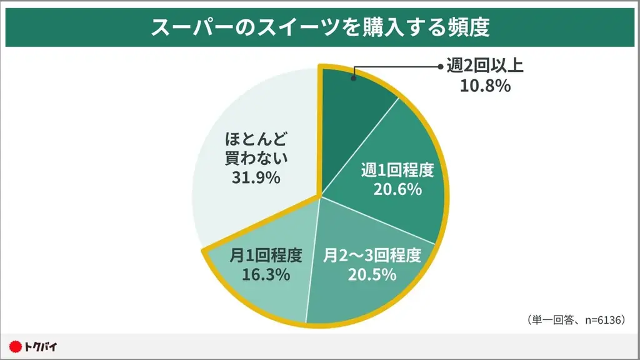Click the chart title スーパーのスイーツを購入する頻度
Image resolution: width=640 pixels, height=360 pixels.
(x=319, y=28)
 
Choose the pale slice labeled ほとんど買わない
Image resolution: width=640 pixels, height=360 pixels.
(x=250, y=125)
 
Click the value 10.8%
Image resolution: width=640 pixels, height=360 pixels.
(x=485, y=86)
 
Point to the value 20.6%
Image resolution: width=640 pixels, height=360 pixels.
(x=397, y=189)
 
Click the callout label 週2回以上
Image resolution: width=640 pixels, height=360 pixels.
(x=485, y=66)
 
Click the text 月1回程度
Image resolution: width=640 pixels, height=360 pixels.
(x=266, y=255)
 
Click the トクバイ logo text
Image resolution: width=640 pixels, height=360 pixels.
(x=41, y=346)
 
